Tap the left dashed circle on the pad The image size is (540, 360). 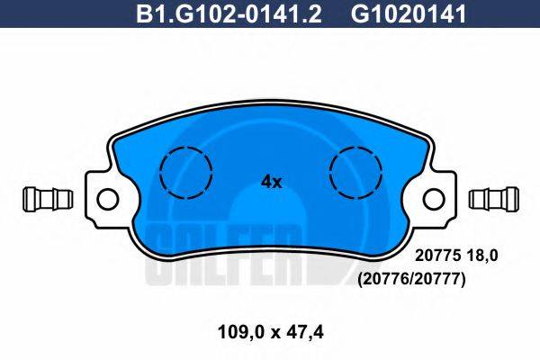184,170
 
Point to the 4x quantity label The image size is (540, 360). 271,182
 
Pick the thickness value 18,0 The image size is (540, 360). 486,256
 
